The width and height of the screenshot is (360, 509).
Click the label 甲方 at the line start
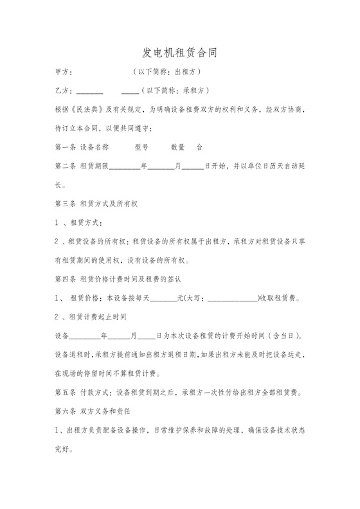(65, 71)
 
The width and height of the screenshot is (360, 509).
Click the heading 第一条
(66, 147)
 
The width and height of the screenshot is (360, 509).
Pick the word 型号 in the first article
(141, 147)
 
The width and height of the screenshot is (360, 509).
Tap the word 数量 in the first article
(178, 147)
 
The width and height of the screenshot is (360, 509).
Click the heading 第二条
(66, 166)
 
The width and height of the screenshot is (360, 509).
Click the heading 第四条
(66, 280)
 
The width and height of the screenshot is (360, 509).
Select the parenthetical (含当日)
(284, 336)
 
